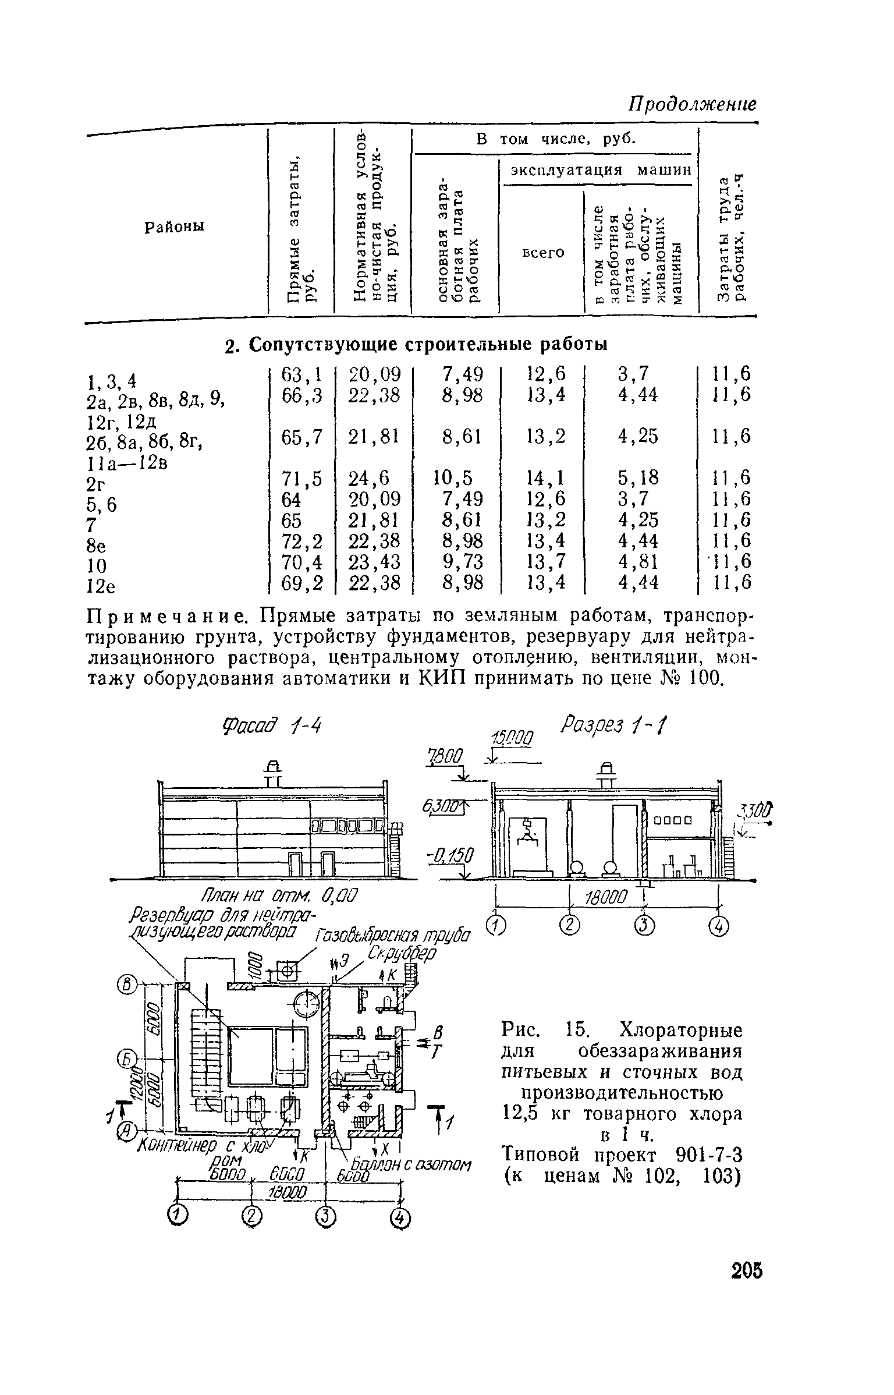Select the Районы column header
point(175,228)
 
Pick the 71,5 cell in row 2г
point(301,478)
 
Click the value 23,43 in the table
point(374,562)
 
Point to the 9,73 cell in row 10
point(463,562)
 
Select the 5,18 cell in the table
point(638,478)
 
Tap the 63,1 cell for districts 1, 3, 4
point(301,374)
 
